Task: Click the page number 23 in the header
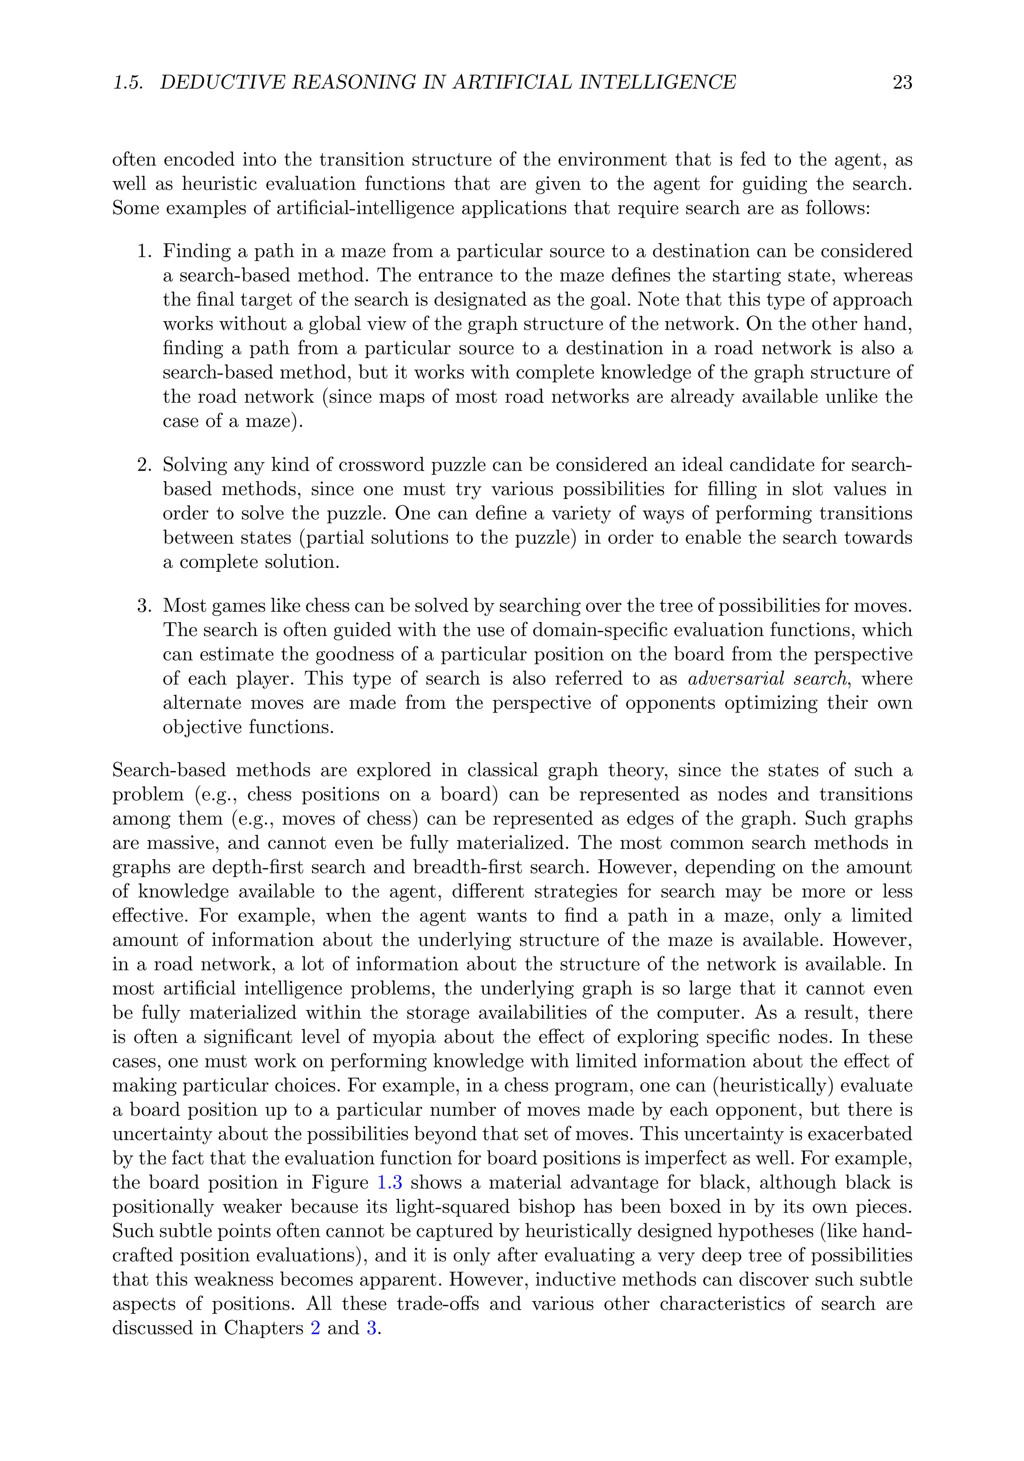coord(902,82)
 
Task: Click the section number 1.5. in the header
coord(128,82)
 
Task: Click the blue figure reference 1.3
coord(389,1183)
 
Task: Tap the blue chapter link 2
coord(315,1328)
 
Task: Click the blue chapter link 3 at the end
coord(371,1328)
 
